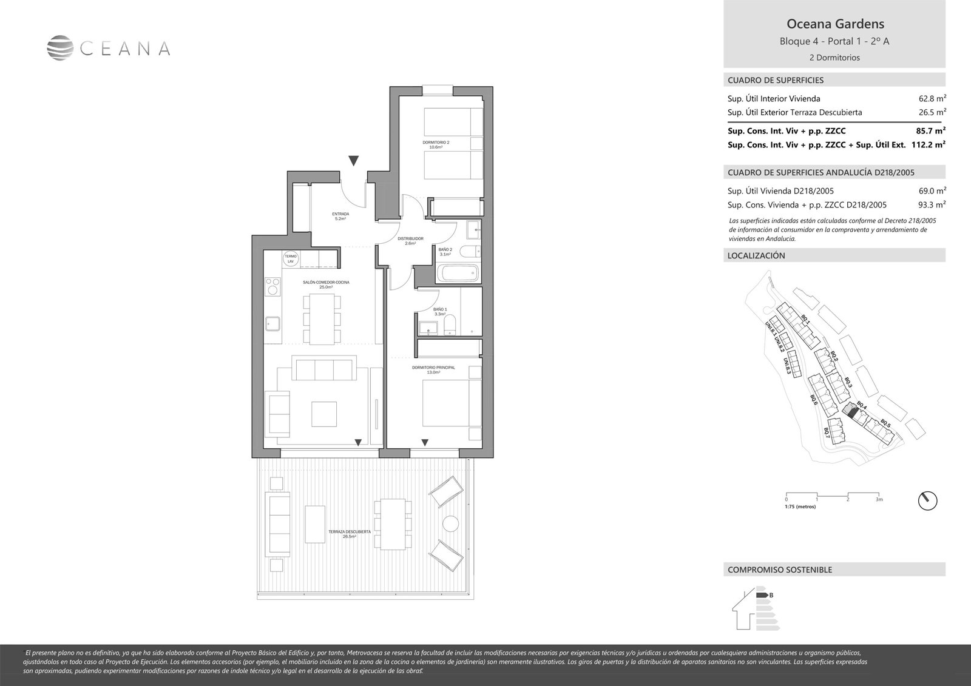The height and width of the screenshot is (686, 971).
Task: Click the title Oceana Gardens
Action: click(834, 24)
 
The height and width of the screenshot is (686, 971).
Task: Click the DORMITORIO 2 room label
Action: click(436, 144)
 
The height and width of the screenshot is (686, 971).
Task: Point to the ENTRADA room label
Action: click(340, 216)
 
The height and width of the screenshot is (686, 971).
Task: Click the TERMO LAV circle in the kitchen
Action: click(291, 259)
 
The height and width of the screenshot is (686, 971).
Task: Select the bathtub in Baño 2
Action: click(458, 274)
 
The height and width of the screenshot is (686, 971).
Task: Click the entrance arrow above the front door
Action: click(354, 161)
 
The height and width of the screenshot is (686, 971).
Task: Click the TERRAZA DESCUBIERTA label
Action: click(349, 534)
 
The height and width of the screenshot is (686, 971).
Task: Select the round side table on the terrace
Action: click(451, 523)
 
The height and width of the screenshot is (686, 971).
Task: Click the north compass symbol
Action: click(927, 500)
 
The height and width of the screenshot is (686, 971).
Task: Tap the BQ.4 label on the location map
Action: click(861, 406)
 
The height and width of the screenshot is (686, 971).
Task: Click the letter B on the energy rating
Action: click(771, 595)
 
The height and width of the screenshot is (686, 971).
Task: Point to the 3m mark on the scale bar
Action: click(878, 500)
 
